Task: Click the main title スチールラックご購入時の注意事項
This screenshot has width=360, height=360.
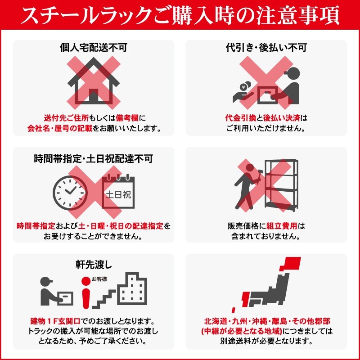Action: (180, 16)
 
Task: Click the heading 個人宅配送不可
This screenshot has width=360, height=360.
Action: (93, 47)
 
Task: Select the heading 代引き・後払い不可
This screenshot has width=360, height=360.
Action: (266, 47)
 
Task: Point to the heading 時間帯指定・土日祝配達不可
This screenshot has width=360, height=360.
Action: (93, 158)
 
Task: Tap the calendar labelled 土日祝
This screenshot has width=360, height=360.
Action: (117, 193)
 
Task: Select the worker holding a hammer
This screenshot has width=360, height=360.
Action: (246, 187)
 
